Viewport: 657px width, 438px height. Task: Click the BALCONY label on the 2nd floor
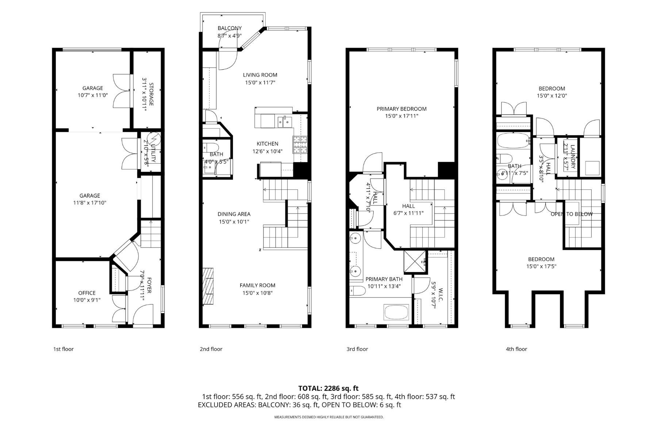pos(230,28)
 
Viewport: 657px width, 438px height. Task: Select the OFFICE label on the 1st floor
pos(87,293)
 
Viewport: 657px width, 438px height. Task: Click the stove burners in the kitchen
pos(300,144)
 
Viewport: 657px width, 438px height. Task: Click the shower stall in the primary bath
pos(415,262)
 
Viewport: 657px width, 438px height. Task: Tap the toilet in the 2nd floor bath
pos(211,147)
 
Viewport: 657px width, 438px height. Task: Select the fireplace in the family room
pos(208,287)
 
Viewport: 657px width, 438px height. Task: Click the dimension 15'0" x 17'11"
pos(401,116)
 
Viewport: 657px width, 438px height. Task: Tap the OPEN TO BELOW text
pos(572,214)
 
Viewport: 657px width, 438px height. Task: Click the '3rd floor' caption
pos(357,349)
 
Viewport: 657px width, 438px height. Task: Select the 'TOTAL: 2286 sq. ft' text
pos(328,388)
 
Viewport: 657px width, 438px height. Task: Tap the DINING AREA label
pos(234,214)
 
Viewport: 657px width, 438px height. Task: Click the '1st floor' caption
pos(64,349)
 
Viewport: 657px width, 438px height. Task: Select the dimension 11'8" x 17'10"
pos(90,203)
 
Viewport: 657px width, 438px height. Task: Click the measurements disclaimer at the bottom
pos(328,417)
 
